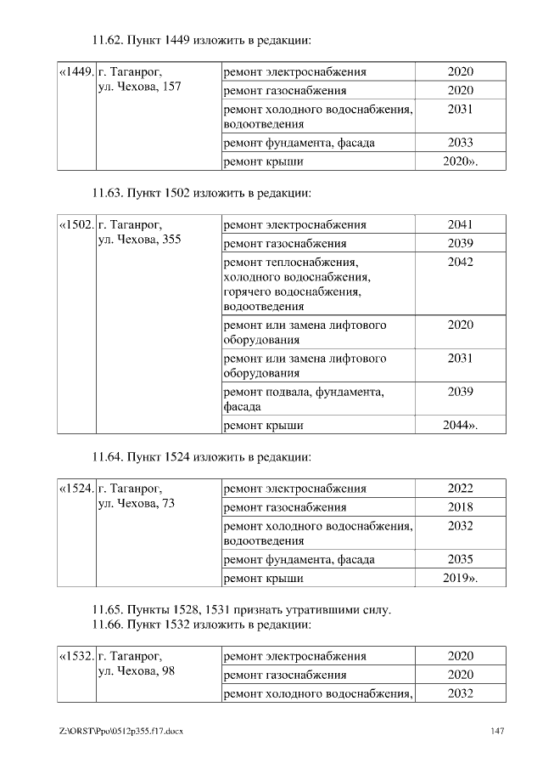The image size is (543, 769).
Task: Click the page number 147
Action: (498, 731)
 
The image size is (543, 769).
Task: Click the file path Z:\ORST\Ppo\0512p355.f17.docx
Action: (121, 731)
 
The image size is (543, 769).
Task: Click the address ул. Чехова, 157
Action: (139, 88)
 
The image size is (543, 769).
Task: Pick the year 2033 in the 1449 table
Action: (460, 143)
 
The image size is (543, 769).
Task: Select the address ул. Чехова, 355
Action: (139, 240)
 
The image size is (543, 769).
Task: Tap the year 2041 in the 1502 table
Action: (460, 225)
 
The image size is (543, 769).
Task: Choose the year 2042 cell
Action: (460, 263)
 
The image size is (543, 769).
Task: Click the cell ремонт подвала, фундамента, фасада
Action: (302, 399)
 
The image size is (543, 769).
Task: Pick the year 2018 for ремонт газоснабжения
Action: (460, 507)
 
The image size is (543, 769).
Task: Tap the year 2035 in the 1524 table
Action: (460, 560)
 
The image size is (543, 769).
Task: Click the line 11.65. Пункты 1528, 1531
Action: (241, 610)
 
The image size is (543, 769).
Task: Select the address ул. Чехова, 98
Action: (136, 672)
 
